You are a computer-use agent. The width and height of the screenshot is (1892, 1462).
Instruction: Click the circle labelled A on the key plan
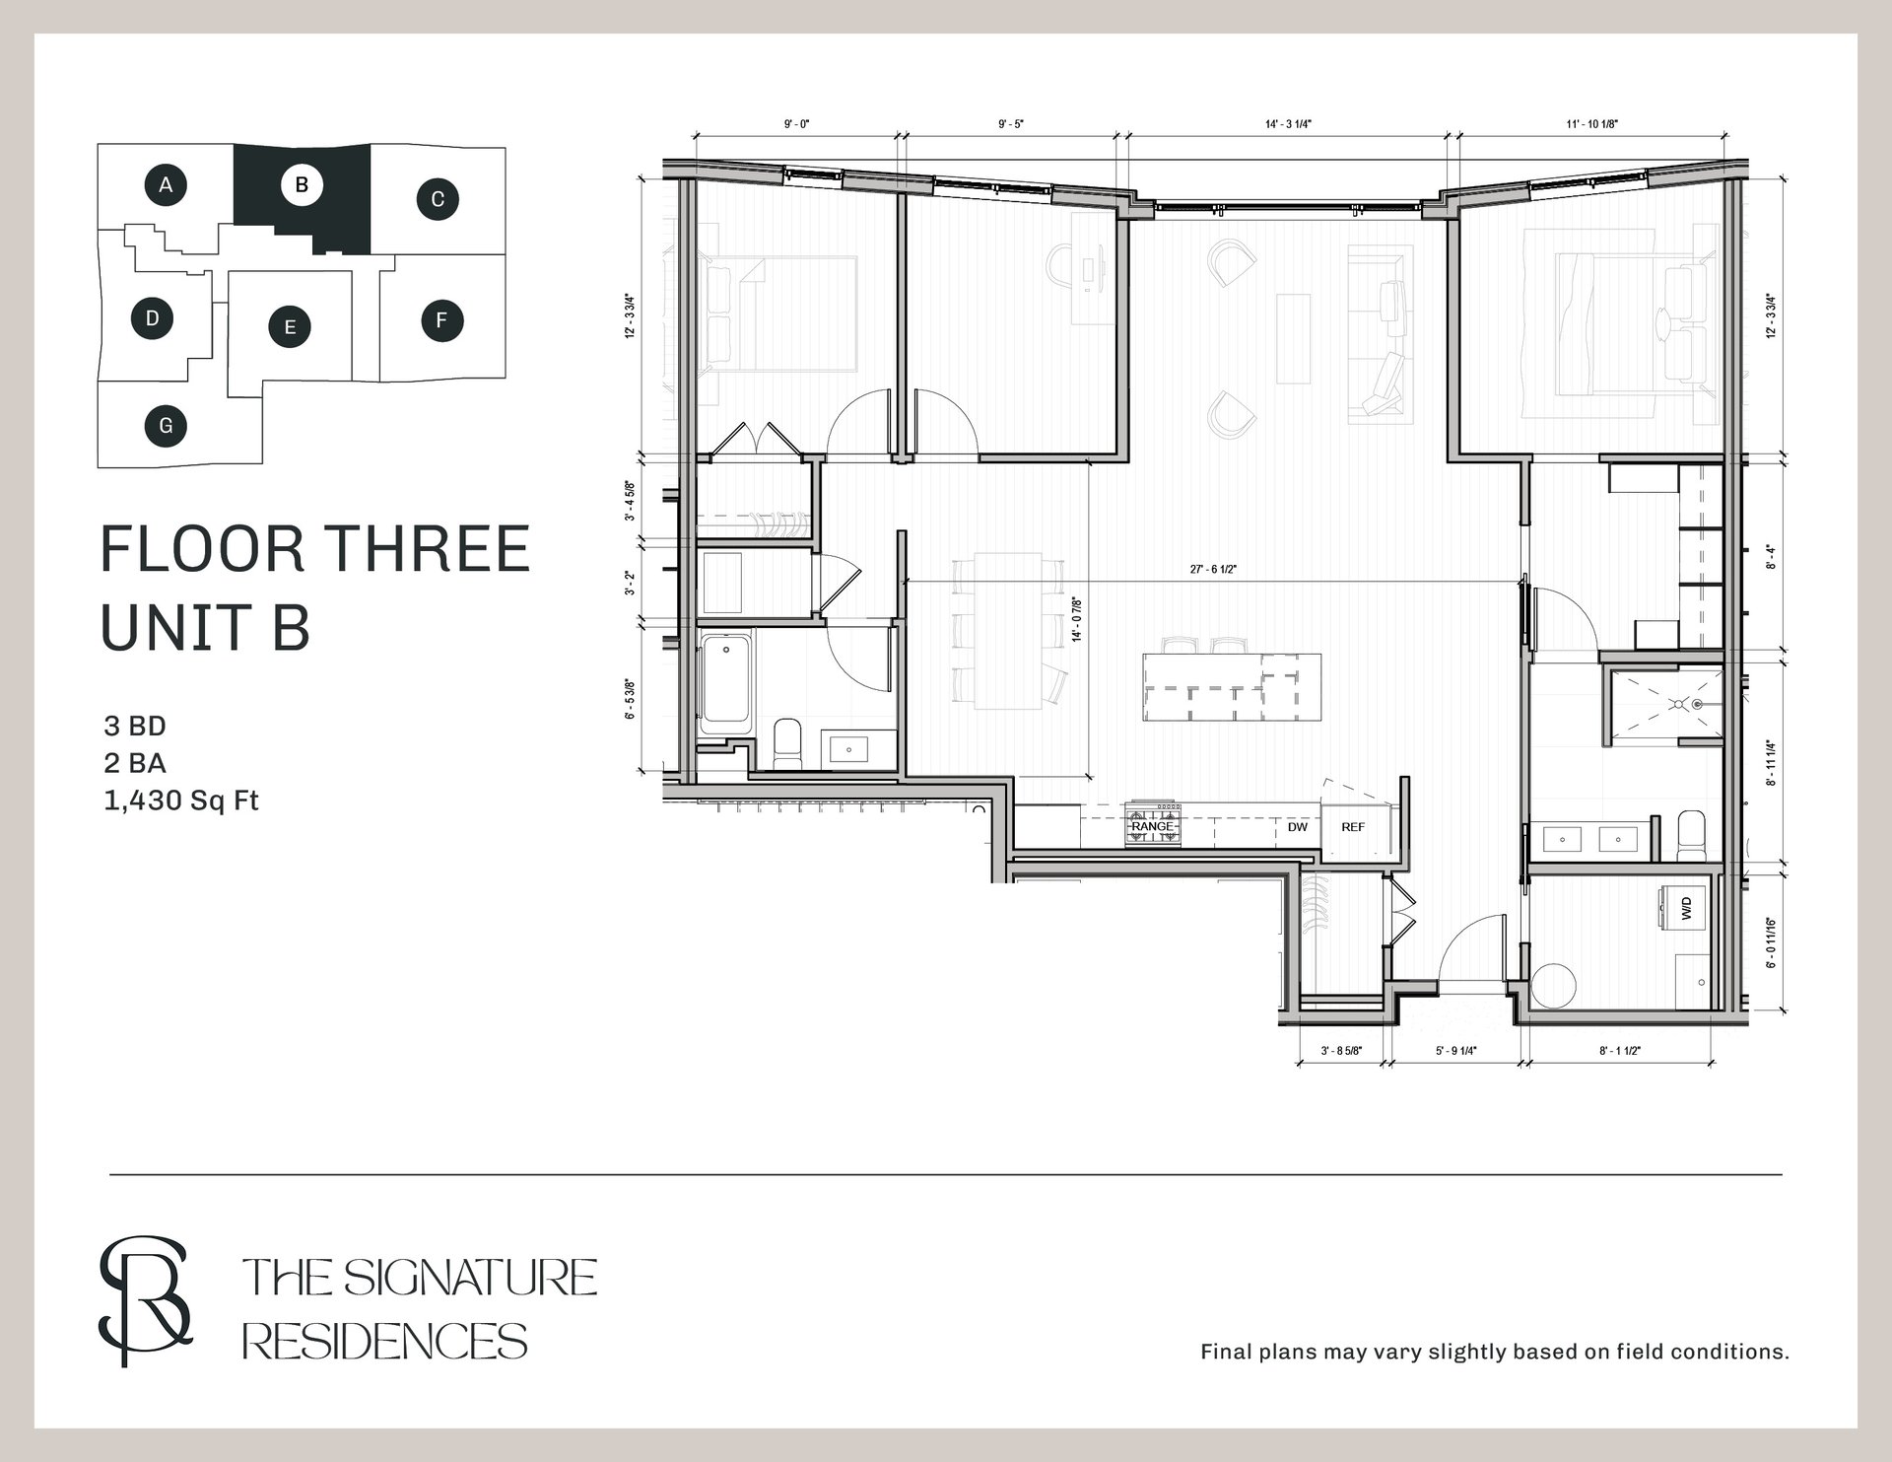[167, 184]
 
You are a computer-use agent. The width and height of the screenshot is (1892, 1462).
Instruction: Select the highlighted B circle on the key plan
[302, 184]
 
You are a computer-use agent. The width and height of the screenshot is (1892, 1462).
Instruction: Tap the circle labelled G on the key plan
[166, 426]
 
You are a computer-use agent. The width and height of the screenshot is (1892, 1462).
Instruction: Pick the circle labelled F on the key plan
[441, 319]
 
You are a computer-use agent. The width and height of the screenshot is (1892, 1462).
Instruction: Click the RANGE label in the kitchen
[1152, 826]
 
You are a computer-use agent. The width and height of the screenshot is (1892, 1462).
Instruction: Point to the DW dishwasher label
[1297, 827]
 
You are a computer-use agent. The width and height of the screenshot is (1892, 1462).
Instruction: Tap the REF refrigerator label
[1353, 827]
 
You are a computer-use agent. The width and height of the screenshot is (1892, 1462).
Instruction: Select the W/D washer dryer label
[1686, 909]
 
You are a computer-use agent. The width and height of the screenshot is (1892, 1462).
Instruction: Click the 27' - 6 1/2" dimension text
[1213, 569]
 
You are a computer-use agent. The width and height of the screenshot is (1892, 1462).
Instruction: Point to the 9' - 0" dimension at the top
[796, 124]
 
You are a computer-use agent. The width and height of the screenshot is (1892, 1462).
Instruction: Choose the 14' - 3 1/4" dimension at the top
[1288, 124]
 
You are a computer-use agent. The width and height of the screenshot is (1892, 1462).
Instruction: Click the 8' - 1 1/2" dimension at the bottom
[1619, 1051]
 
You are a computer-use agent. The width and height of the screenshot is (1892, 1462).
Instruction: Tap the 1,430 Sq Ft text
[181, 801]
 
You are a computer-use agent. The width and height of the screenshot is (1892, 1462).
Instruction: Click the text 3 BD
[135, 727]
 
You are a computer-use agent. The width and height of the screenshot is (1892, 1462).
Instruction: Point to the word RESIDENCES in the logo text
[385, 1342]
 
